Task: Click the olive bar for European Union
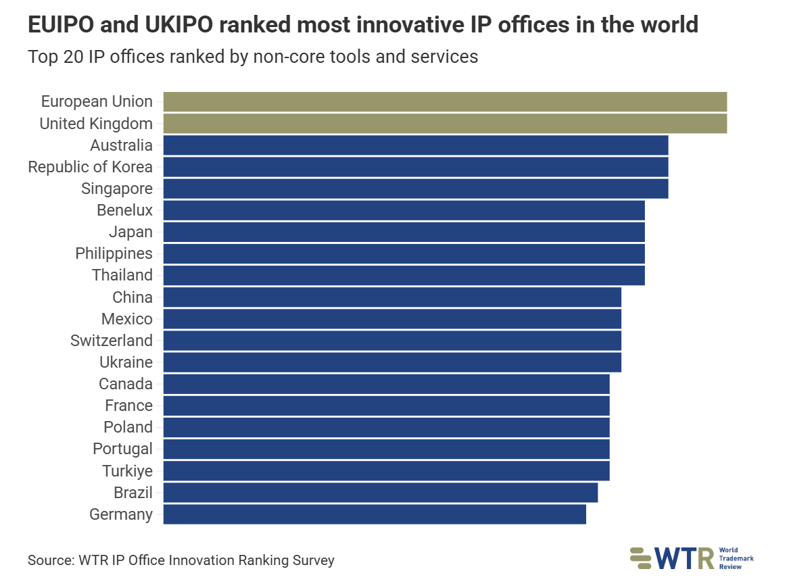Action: pyautogui.click(x=445, y=101)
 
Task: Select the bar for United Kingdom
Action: pyautogui.click(x=445, y=124)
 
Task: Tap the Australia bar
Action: pyautogui.click(x=416, y=145)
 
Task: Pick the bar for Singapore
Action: pyautogui.click(x=416, y=189)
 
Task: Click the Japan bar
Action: pyautogui.click(x=404, y=232)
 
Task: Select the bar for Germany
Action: pyautogui.click(x=375, y=514)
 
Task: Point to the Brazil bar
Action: pyautogui.click(x=381, y=493)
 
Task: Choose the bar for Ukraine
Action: pyautogui.click(x=392, y=362)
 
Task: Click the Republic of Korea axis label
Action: pyautogui.click(x=90, y=167)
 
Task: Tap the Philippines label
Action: pyautogui.click(x=114, y=253)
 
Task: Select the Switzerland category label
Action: pyautogui.click(x=111, y=341)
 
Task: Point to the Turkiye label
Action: pyautogui.click(x=127, y=471)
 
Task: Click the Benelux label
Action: pyautogui.click(x=124, y=210)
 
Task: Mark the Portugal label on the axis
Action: pyautogui.click(x=122, y=449)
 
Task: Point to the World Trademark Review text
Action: pyautogui.click(x=736, y=558)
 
